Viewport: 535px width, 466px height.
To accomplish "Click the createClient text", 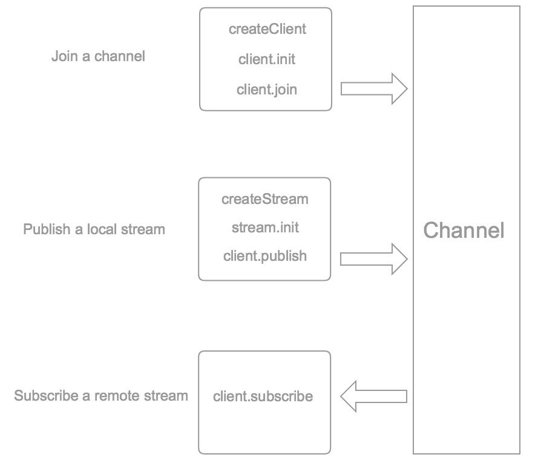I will tap(267, 29).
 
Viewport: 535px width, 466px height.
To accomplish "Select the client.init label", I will tap(267, 59).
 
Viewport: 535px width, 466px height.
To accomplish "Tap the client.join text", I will tap(267, 90).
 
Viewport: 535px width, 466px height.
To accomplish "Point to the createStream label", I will tap(265, 199).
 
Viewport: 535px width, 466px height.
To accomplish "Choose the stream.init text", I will tap(265, 228).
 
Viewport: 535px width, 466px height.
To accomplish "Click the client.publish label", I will tap(265, 256).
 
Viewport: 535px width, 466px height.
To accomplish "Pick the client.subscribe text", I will tap(263, 397).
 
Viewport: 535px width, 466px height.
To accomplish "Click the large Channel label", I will tap(464, 231).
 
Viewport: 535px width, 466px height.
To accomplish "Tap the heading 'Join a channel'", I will tap(98, 57).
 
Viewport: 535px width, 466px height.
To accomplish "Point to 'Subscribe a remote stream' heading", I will tap(101, 396).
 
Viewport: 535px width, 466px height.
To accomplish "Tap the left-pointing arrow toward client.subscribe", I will tap(373, 397).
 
